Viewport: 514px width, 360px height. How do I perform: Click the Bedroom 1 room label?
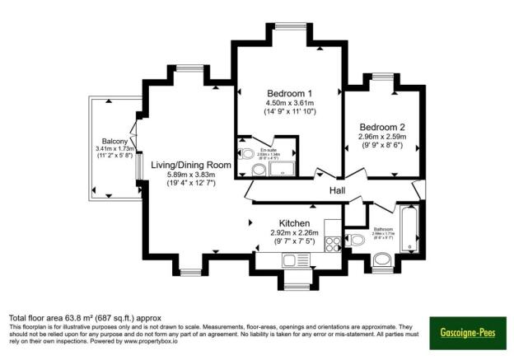286,91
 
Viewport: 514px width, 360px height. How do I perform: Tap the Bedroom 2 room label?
381,127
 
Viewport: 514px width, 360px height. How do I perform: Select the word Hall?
338,191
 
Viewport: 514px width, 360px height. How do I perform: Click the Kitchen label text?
294,223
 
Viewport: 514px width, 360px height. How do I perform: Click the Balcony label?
114,141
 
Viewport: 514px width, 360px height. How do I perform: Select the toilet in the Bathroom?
357,240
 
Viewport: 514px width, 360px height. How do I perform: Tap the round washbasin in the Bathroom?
381,264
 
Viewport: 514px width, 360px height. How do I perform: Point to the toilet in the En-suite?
247,154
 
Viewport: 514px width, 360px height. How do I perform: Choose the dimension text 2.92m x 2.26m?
294,233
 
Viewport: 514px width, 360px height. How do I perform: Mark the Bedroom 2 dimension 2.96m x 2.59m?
381,138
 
